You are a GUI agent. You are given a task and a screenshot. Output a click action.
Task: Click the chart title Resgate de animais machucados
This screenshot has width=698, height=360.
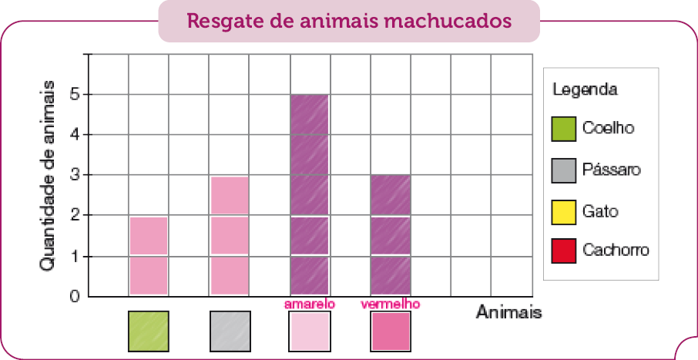pyautogui.click(x=349, y=21)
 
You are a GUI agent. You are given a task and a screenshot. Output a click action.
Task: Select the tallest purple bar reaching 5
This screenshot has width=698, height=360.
pyautogui.click(x=310, y=195)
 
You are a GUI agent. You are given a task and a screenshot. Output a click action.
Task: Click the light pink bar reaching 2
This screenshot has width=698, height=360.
pyautogui.click(x=149, y=255)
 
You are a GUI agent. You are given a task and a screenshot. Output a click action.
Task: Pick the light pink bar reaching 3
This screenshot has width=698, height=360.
pyautogui.click(x=229, y=235)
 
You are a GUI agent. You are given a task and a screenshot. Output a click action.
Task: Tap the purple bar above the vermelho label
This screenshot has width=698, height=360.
pyautogui.click(x=390, y=235)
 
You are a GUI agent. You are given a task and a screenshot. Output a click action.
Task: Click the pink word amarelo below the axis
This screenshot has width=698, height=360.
pyautogui.click(x=310, y=304)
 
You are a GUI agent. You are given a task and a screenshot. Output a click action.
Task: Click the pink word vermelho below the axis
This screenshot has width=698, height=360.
pyautogui.click(x=390, y=304)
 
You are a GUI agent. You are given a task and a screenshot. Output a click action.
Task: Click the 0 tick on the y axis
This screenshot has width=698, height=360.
pyautogui.click(x=74, y=296)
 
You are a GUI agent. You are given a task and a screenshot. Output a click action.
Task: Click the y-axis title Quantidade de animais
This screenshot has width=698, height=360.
pyautogui.click(x=47, y=176)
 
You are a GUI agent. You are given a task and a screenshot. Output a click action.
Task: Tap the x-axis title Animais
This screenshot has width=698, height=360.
pyautogui.click(x=508, y=312)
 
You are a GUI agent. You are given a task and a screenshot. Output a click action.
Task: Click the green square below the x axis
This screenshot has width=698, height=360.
pyautogui.click(x=149, y=331)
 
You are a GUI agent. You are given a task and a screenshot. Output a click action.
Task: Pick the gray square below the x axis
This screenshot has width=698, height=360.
pyautogui.click(x=230, y=331)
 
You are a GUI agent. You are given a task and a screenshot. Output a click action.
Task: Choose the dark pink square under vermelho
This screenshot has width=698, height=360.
pyautogui.click(x=390, y=331)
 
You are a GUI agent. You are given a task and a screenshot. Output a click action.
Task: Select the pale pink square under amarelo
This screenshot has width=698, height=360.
pyautogui.click(x=310, y=331)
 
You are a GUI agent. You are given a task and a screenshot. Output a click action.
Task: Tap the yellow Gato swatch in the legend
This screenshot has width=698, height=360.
pyautogui.click(x=564, y=210)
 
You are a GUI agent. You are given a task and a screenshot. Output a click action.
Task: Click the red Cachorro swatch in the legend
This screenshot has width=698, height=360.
pyautogui.click(x=564, y=251)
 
